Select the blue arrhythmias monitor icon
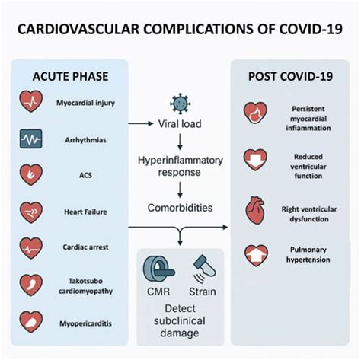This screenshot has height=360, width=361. (31, 139)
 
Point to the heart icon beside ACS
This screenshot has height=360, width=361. (31, 175)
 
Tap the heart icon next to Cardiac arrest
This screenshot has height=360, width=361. (31, 248)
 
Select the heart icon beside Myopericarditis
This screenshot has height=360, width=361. (31, 322)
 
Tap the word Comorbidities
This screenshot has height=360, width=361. (180, 206)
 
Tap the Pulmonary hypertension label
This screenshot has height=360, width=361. (308, 253)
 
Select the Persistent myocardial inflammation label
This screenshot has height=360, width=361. (308, 117)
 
